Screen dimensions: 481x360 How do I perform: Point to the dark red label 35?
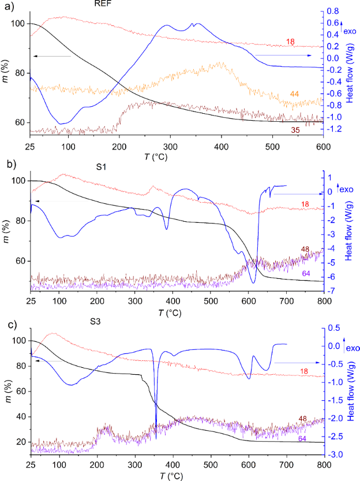pyautogui.click(x=295, y=130)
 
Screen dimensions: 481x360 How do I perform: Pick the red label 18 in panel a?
pyautogui.click(x=290, y=40)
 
